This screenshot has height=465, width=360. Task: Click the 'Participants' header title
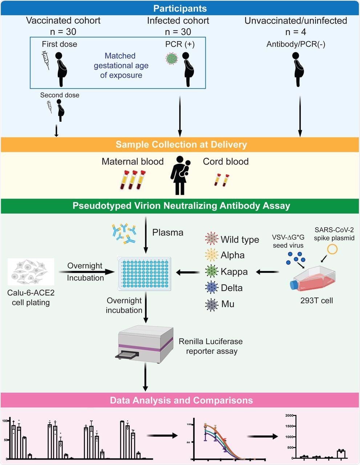click(179, 8)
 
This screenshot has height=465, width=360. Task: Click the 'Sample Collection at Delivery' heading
click(181, 145)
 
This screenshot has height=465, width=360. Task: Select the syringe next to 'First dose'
click(46, 60)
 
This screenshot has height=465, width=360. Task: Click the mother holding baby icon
click(180, 175)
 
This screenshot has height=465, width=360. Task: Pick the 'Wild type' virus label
click(240, 240)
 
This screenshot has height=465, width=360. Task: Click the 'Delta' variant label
click(232, 288)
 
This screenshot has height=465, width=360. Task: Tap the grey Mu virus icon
click(211, 304)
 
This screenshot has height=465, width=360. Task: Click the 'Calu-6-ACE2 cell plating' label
click(31, 297)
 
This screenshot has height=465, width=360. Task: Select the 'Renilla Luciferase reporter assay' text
click(211, 347)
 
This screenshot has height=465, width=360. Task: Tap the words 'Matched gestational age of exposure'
click(121, 66)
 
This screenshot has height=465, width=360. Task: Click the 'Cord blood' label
click(226, 162)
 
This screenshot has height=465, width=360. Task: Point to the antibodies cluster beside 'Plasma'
click(124, 233)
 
